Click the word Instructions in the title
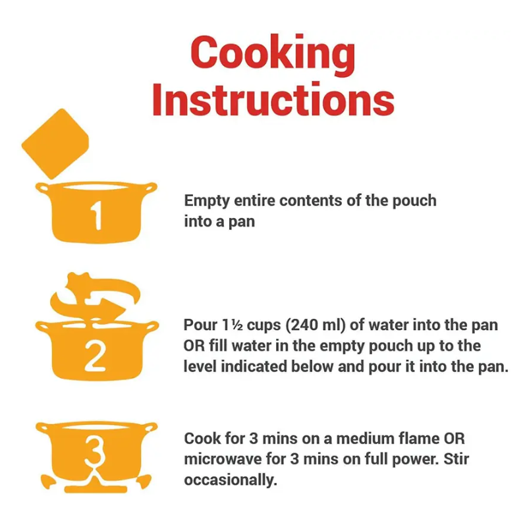[x=273, y=100]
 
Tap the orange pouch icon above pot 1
[x=55, y=144]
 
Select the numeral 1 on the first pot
[x=96, y=215]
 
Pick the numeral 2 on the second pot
[x=95, y=356]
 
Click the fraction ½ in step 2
[x=237, y=325]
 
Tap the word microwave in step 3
[x=223, y=459]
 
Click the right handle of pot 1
[x=150, y=188]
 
